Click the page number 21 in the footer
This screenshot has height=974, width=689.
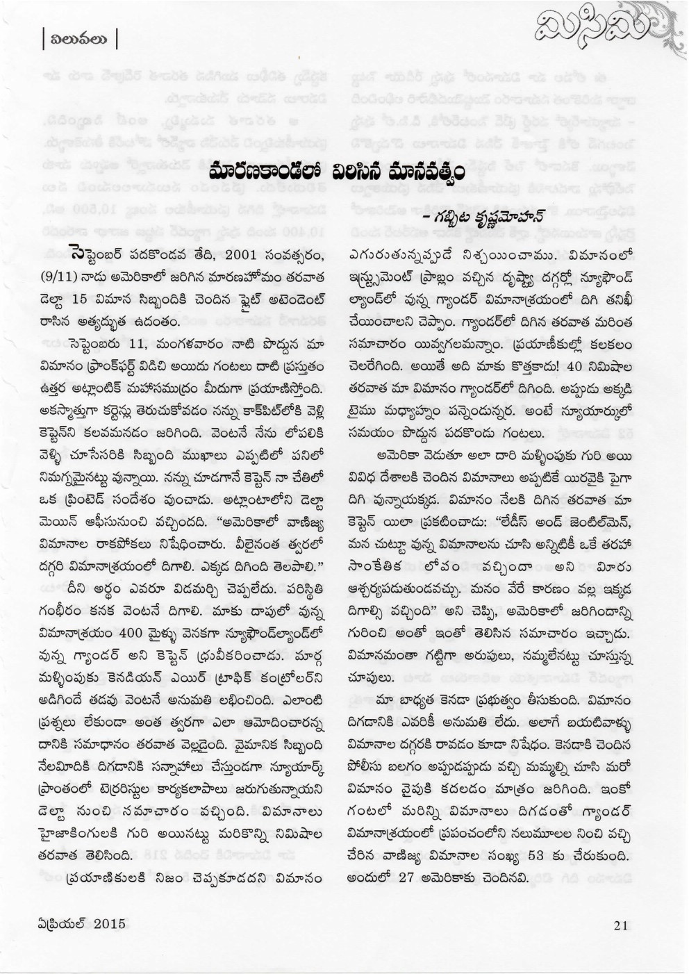[x=622, y=924]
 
